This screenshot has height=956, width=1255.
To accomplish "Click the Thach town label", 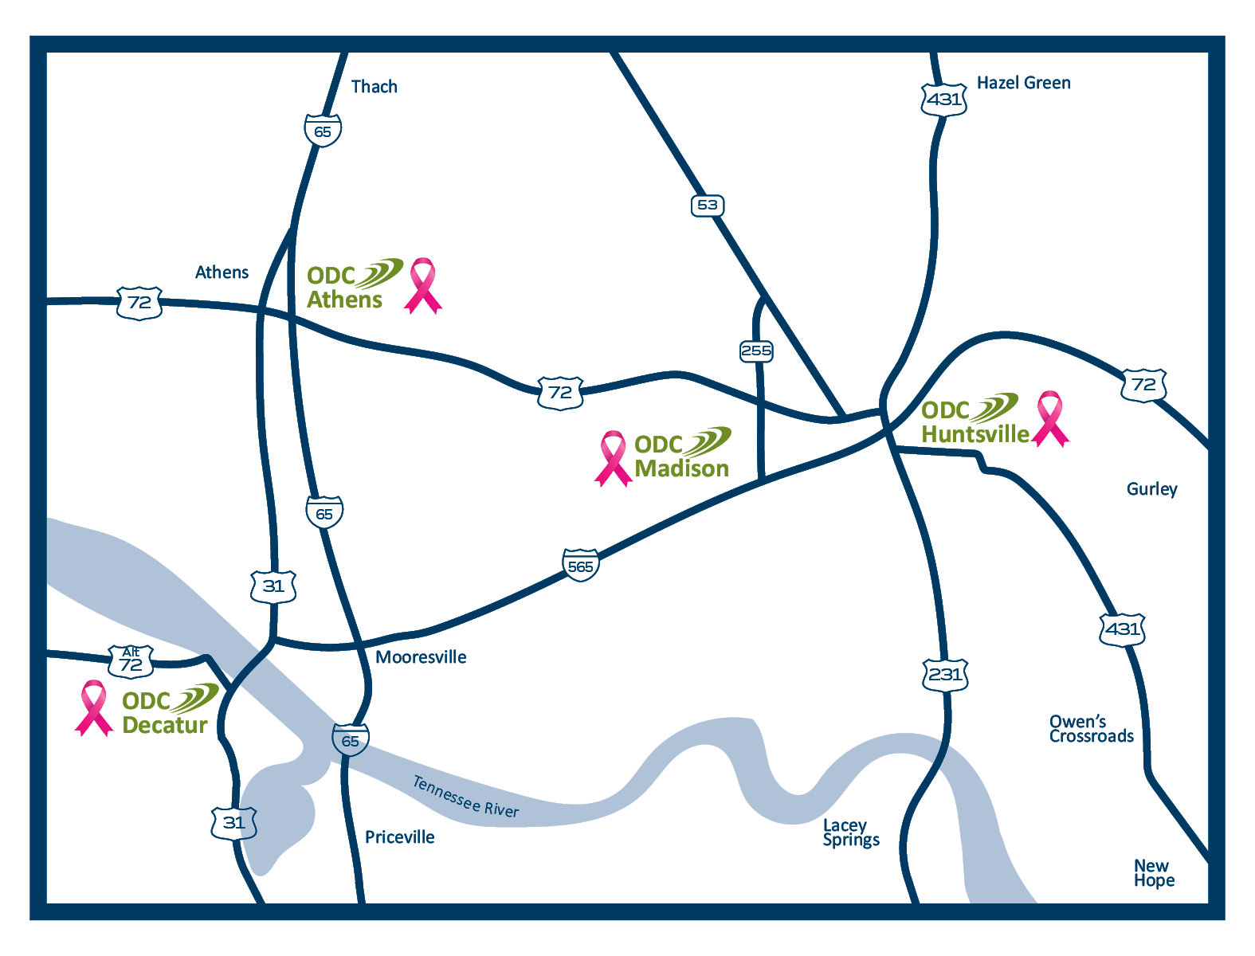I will [374, 87].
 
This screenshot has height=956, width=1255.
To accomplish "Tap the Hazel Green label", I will [1023, 83].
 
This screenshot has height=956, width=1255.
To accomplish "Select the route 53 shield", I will [708, 206].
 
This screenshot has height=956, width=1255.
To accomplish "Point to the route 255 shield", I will [756, 351].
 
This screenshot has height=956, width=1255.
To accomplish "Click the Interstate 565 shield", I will [580, 566].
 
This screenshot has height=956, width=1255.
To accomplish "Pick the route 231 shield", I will [945, 675].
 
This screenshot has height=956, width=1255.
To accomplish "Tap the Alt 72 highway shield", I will [131, 662].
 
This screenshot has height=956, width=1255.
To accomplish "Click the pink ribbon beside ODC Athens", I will [422, 285].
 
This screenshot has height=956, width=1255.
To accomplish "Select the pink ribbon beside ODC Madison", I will [613, 458].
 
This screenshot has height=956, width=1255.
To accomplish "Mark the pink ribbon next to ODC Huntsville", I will [1050, 418].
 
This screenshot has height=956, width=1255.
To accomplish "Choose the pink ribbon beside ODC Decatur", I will [94, 707].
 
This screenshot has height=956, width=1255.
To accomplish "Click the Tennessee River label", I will [465, 797].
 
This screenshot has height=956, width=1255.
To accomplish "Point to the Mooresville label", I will [421, 657].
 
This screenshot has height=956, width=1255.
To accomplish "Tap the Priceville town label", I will [399, 837].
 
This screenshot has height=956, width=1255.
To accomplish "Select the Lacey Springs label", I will [850, 833].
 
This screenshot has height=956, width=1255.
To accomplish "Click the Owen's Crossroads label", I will [1091, 729].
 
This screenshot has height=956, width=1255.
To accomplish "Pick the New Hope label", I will [1154, 873].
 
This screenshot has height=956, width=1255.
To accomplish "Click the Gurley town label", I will [1151, 489].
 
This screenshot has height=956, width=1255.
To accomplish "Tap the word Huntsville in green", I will [975, 434].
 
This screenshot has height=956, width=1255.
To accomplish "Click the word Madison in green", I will [682, 468].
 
